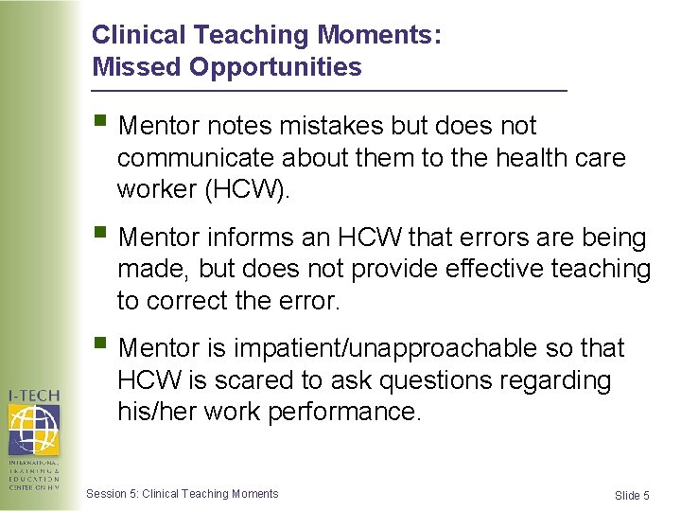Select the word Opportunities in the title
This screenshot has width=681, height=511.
coord(275,67)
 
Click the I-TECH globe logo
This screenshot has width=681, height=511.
coord(34,429)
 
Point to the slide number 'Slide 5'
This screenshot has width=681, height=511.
coord(632,495)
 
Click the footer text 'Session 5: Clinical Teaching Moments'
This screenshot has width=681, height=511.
coord(182,493)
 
